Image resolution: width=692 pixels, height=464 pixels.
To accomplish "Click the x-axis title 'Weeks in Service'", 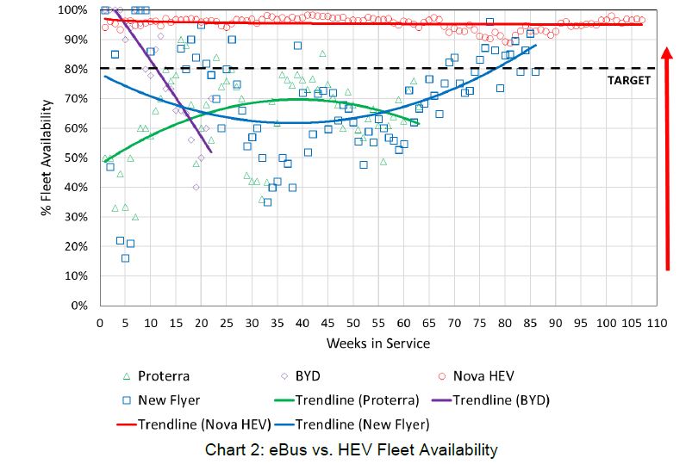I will coord(377,343).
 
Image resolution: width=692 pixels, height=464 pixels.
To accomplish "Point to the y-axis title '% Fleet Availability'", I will coord(48,157).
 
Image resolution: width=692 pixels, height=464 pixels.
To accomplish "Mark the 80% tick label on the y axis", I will coord(78,69).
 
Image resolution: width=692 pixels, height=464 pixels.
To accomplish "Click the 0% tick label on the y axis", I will coord(82,306).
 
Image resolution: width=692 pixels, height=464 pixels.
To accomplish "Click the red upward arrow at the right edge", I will coord(668,155).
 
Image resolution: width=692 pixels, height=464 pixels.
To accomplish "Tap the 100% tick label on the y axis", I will coord(76,10).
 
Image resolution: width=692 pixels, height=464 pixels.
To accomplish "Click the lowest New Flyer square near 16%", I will coord(126,258).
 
